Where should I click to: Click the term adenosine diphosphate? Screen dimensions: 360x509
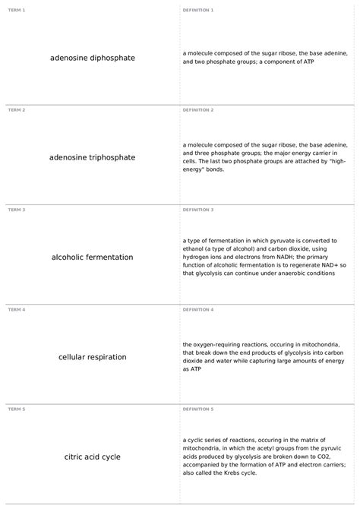click(x=92, y=58)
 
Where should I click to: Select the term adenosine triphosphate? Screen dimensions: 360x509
click(x=92, y=157)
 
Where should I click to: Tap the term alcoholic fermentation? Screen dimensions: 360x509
click(x=92, y=257)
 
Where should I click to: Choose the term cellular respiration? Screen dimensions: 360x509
click(x=92, y=356)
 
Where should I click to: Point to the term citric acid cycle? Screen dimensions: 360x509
click(x=92, y=457)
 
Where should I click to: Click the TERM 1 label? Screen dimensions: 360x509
click(x=17, y=10)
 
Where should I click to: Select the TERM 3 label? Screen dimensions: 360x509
click(x=17, y=209)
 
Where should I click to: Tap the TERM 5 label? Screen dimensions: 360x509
click(x=17, y=409)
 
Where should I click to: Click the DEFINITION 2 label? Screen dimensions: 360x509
click(x=198, y=109)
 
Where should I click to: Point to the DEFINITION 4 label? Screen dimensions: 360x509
click(x=198, y=309)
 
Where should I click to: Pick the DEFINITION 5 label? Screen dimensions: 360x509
click(x=198, y=409)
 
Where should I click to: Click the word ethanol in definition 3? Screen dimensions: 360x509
click(x=196, y=248)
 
